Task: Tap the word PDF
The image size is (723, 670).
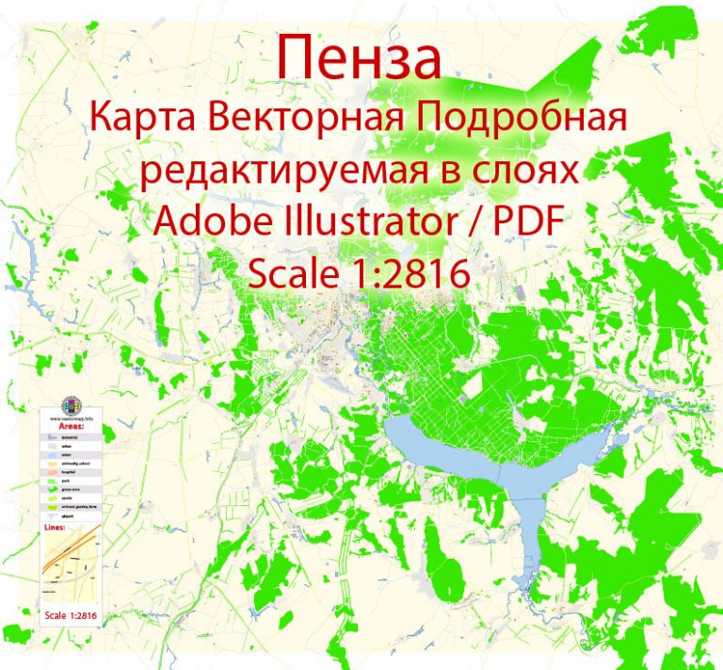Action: point(532,223)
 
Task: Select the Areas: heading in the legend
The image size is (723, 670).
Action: point(71,427)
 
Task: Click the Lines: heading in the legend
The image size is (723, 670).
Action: point(56,558)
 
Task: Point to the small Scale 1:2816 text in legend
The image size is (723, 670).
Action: point(72,616)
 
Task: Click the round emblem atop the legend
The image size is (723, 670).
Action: point(71,406)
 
